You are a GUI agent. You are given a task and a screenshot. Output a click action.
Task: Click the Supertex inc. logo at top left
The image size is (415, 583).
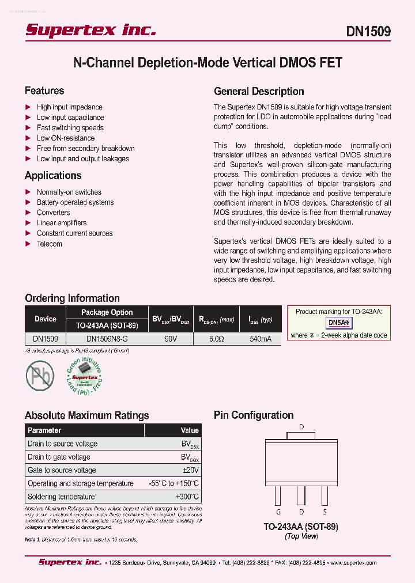[x=90, y=30]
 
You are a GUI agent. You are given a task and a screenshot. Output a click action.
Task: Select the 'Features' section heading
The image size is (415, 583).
[x=44, y=90]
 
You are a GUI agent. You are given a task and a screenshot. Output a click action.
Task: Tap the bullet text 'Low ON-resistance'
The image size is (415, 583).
[x=65, y=138]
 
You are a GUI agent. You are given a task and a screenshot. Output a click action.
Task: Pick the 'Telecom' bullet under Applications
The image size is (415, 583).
[x=49, y=244]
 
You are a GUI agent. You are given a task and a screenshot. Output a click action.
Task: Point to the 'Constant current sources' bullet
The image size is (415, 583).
[x=74, y=233]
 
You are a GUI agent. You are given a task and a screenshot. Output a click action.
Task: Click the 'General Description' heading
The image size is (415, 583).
[x=259, y=91]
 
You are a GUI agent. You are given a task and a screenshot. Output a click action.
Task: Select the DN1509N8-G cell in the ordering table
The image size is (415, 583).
[x=107, y=339]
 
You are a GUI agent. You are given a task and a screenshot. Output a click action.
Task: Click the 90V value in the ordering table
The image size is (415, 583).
[x=171, y=339]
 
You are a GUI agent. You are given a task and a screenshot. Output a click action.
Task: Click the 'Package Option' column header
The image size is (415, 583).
[x=107, y=312]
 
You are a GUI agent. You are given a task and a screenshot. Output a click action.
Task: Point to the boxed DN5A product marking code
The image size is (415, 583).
[x=339, y=323]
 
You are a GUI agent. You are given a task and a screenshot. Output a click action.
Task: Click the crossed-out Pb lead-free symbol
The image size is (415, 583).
[x=39, y=375]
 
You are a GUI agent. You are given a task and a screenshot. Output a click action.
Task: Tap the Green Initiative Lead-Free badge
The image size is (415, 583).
[x=82, y=375]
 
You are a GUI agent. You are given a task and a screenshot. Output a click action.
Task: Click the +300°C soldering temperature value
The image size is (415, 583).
[x=187, y=497]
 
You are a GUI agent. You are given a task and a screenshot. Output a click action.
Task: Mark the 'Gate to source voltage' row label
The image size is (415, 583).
[x=62, y=470]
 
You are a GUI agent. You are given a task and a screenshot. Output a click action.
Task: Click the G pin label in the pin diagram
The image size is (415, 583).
[x=278, y=512]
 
